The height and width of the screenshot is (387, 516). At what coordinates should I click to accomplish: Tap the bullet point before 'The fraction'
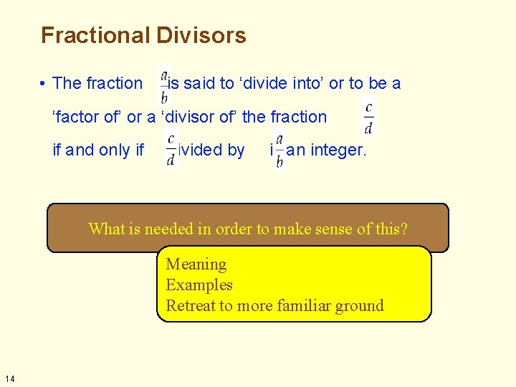(44, 84)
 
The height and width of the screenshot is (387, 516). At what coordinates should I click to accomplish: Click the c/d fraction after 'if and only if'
(171, 150)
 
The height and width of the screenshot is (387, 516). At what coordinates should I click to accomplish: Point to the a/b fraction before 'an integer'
(279, 151)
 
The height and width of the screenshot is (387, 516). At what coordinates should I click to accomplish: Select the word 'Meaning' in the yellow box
(196, 264)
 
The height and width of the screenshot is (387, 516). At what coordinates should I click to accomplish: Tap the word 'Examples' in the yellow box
(199, 285)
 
